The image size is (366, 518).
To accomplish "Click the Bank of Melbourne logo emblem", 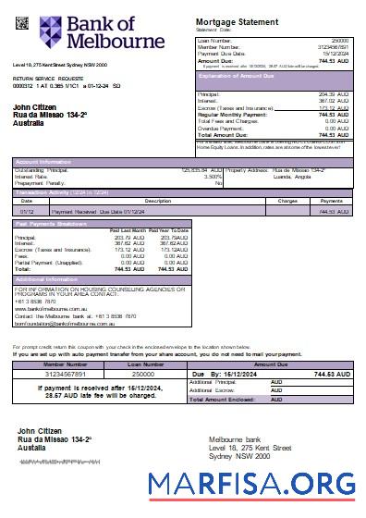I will pyautogui.click(x=51, y=32).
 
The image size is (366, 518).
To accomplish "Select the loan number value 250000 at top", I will pyautogui.click(x=338, y=41).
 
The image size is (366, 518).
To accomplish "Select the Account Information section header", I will pyautogui.click(x=44, y=161).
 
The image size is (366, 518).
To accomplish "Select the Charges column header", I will pyautogui.click(x=287, y=200).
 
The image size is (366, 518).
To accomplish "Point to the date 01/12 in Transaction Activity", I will pyautogui.click(x=27, y=211).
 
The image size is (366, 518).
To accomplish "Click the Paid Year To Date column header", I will pyautogui.click(x=171, y=229).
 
